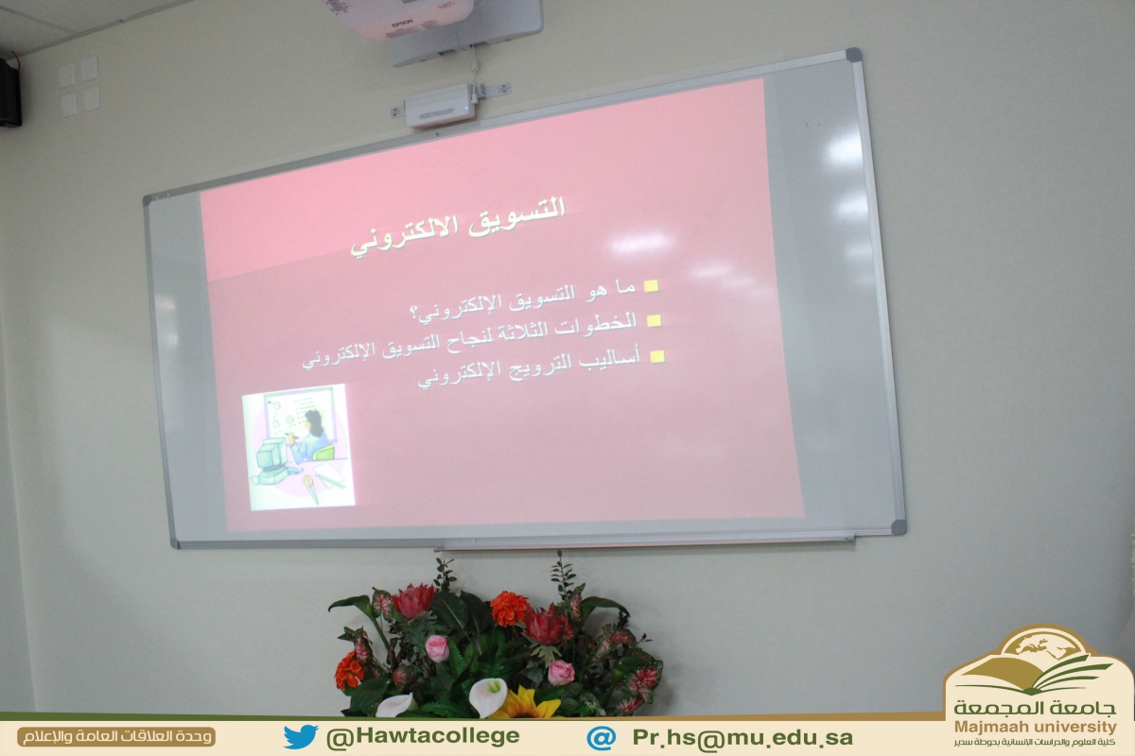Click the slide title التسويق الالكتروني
458,227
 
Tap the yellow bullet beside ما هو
651,286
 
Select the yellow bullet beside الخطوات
655,320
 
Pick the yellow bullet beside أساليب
657,356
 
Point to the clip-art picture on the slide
298,446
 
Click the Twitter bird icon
301,736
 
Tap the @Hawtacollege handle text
423,737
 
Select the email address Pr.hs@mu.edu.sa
742,738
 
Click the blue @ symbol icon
602,738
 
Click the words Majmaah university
1035,727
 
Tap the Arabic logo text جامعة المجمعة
1035,708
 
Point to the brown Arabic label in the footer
116,737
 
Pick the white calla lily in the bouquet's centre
487,696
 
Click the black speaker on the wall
10,92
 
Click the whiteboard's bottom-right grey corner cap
899,527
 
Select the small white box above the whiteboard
440,106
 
